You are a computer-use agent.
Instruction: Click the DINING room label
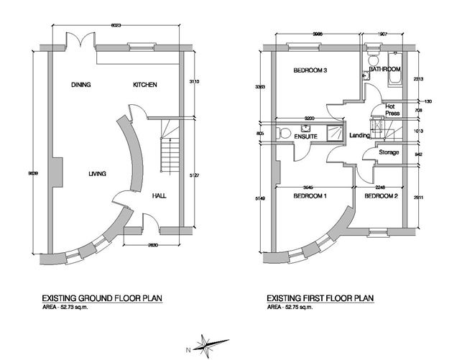81,86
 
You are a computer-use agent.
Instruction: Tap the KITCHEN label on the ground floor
144,86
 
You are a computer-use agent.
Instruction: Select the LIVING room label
98,173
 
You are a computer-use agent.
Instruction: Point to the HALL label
160,195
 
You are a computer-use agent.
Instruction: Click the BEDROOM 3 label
310,70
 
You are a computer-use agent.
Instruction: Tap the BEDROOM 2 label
381,196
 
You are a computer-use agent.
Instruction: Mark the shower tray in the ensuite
334,131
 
